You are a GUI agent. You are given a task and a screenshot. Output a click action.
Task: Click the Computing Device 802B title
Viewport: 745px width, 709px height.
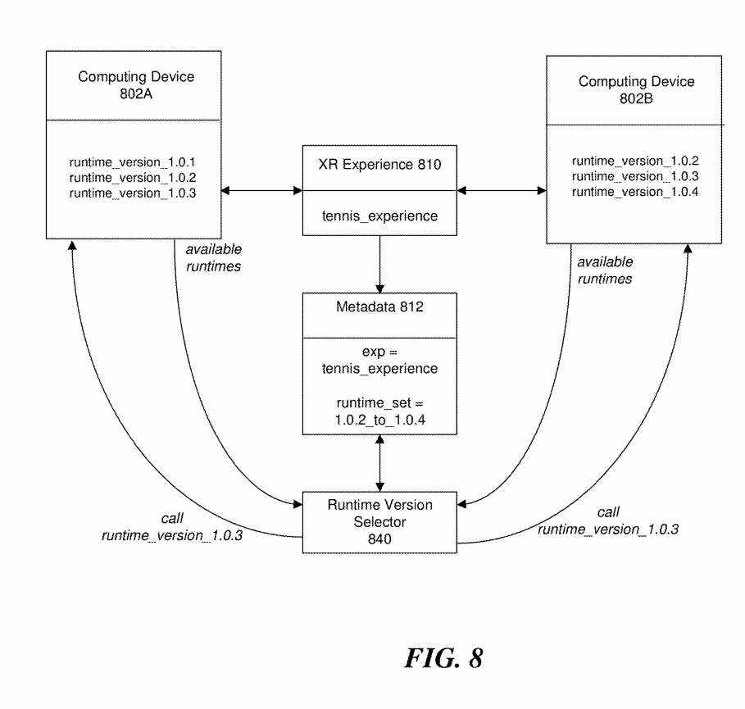[x=636, y=89]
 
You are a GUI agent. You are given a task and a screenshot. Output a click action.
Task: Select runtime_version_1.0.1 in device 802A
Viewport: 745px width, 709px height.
[x=133, y=161]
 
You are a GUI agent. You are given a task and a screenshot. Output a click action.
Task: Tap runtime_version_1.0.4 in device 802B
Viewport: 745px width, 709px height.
[x=635, y=192]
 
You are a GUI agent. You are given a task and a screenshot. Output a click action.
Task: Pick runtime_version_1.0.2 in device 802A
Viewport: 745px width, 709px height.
[x=133, y=177]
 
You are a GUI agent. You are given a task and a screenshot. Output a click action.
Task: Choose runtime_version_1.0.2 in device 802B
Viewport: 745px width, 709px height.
[x=635, y=161]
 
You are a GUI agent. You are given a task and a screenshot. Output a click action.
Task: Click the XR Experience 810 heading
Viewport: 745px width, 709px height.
[x=379, y=165]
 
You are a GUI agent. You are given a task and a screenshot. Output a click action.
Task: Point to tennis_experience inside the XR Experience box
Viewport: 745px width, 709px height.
[x=379, y=216]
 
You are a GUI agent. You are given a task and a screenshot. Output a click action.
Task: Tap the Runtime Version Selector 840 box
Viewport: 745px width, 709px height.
[x=379, y=520]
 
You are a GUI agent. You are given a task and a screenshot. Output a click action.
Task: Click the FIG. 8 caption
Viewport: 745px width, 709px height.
[x=443, y=658]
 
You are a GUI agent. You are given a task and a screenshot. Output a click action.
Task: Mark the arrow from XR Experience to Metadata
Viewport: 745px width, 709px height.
[x=379, y=264]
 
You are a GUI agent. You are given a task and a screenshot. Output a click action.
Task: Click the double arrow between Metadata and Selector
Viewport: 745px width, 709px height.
[x=379, y=463]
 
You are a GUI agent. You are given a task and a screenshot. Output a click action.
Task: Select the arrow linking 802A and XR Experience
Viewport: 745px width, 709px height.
[x=261, y=191]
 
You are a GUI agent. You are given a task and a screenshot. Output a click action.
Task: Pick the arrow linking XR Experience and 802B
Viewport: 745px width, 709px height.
[x=502, y=191]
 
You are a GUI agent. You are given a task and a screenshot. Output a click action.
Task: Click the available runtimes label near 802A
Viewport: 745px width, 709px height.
[x=213, y=257]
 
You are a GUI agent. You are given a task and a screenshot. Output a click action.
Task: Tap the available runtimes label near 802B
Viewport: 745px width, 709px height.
[x=605, y=270]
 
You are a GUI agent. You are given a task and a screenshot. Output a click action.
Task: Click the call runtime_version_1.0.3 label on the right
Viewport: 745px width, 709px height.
[x=608, y=520]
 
